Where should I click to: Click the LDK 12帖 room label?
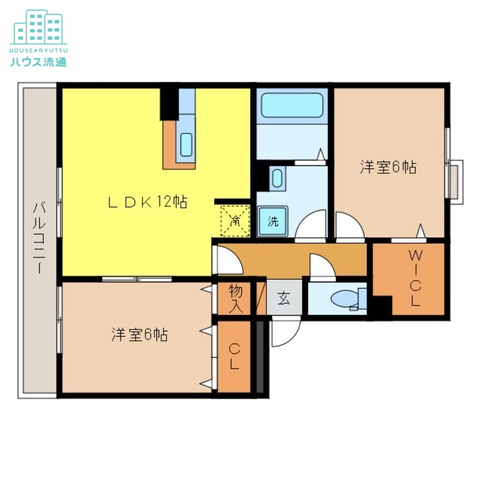pos(147,203)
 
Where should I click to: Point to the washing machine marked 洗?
pos(272,221)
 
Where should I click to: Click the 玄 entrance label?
pos(284,298)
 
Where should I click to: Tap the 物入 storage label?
pos(235,298)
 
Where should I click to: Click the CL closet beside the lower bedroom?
pos(234,356)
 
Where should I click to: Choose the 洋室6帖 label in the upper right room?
pos(388,167)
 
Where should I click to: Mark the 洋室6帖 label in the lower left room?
pos(139,335)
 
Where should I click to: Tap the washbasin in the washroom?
pos(277,178)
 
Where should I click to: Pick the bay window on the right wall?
pos(455,180)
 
